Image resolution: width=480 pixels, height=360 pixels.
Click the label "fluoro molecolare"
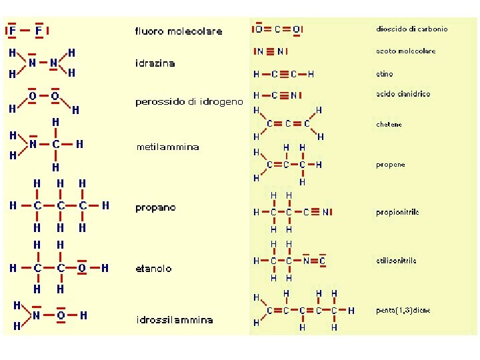[179, 31]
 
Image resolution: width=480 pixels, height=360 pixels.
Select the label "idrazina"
[155, 63]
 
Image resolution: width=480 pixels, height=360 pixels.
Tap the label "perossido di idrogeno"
[189, 102]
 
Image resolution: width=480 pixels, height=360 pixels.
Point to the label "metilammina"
[167, 147]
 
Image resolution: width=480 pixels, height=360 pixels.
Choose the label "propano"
[155, 208]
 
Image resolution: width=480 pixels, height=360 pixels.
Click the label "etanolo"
[153, 269]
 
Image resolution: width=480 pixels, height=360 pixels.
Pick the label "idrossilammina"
[174, 320]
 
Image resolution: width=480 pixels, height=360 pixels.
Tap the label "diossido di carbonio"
[412, 29]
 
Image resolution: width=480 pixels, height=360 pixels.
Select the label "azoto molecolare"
[406, 51]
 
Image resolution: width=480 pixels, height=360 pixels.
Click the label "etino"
[385, 74]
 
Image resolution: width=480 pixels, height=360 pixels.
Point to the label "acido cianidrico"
[403, 94]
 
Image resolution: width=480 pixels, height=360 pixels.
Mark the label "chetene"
[389, 125]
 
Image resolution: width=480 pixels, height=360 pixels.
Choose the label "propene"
[390, 165]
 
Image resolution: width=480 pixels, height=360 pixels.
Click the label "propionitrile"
[397, 213]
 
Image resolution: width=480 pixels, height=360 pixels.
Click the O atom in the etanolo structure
[81, 268]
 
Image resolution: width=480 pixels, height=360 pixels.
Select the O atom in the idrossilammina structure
[60, 315]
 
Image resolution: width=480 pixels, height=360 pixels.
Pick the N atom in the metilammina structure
[33, 143]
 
